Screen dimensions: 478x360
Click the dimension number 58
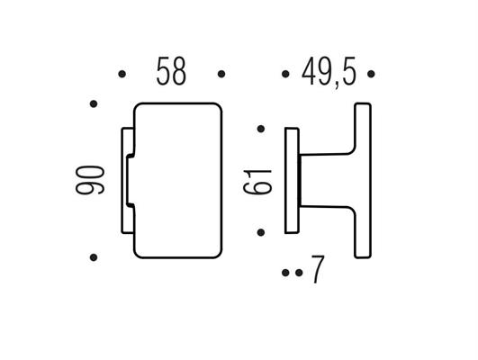(171, 72)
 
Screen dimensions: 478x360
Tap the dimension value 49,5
(329, 72)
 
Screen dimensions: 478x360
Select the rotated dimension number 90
(90, 180)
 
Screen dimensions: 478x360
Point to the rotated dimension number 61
(257, 182)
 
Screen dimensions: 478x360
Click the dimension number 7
(318, 269)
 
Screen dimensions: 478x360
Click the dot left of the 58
(122, 74)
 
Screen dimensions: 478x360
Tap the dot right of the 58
(221, 74)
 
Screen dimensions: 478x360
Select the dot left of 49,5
(285, 74)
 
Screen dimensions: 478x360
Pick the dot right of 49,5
(371, 74)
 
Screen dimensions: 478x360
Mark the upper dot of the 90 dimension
(94, 103)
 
